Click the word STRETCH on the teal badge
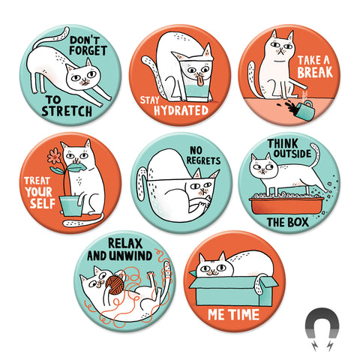pos(67,111)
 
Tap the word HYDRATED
pos(181,110)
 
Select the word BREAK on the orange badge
pos(315,72)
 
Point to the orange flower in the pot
pos(54,156)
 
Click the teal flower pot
pos(71,206)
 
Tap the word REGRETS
pos(203,160)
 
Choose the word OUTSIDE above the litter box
pos(292,154)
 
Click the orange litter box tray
pos(286,205)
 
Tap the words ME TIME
pos(233,314)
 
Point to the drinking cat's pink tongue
pos(199,82)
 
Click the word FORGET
pos(88,50)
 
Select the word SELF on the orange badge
pos(43,203)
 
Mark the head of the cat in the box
pos(215,265)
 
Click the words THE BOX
pos(288,222)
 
